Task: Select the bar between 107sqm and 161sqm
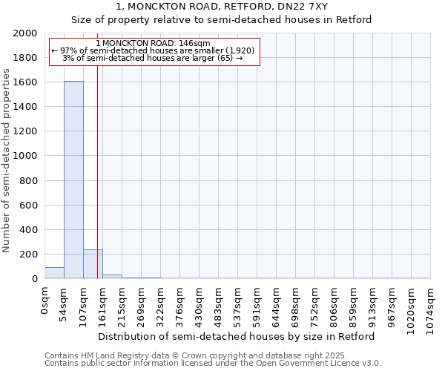(93, 264)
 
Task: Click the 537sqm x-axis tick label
(238, 302)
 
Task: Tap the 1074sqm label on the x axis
(431, 304)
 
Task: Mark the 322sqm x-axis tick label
(161, 302)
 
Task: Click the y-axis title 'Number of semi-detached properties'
(7, 161)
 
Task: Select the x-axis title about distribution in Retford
(237, 336)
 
